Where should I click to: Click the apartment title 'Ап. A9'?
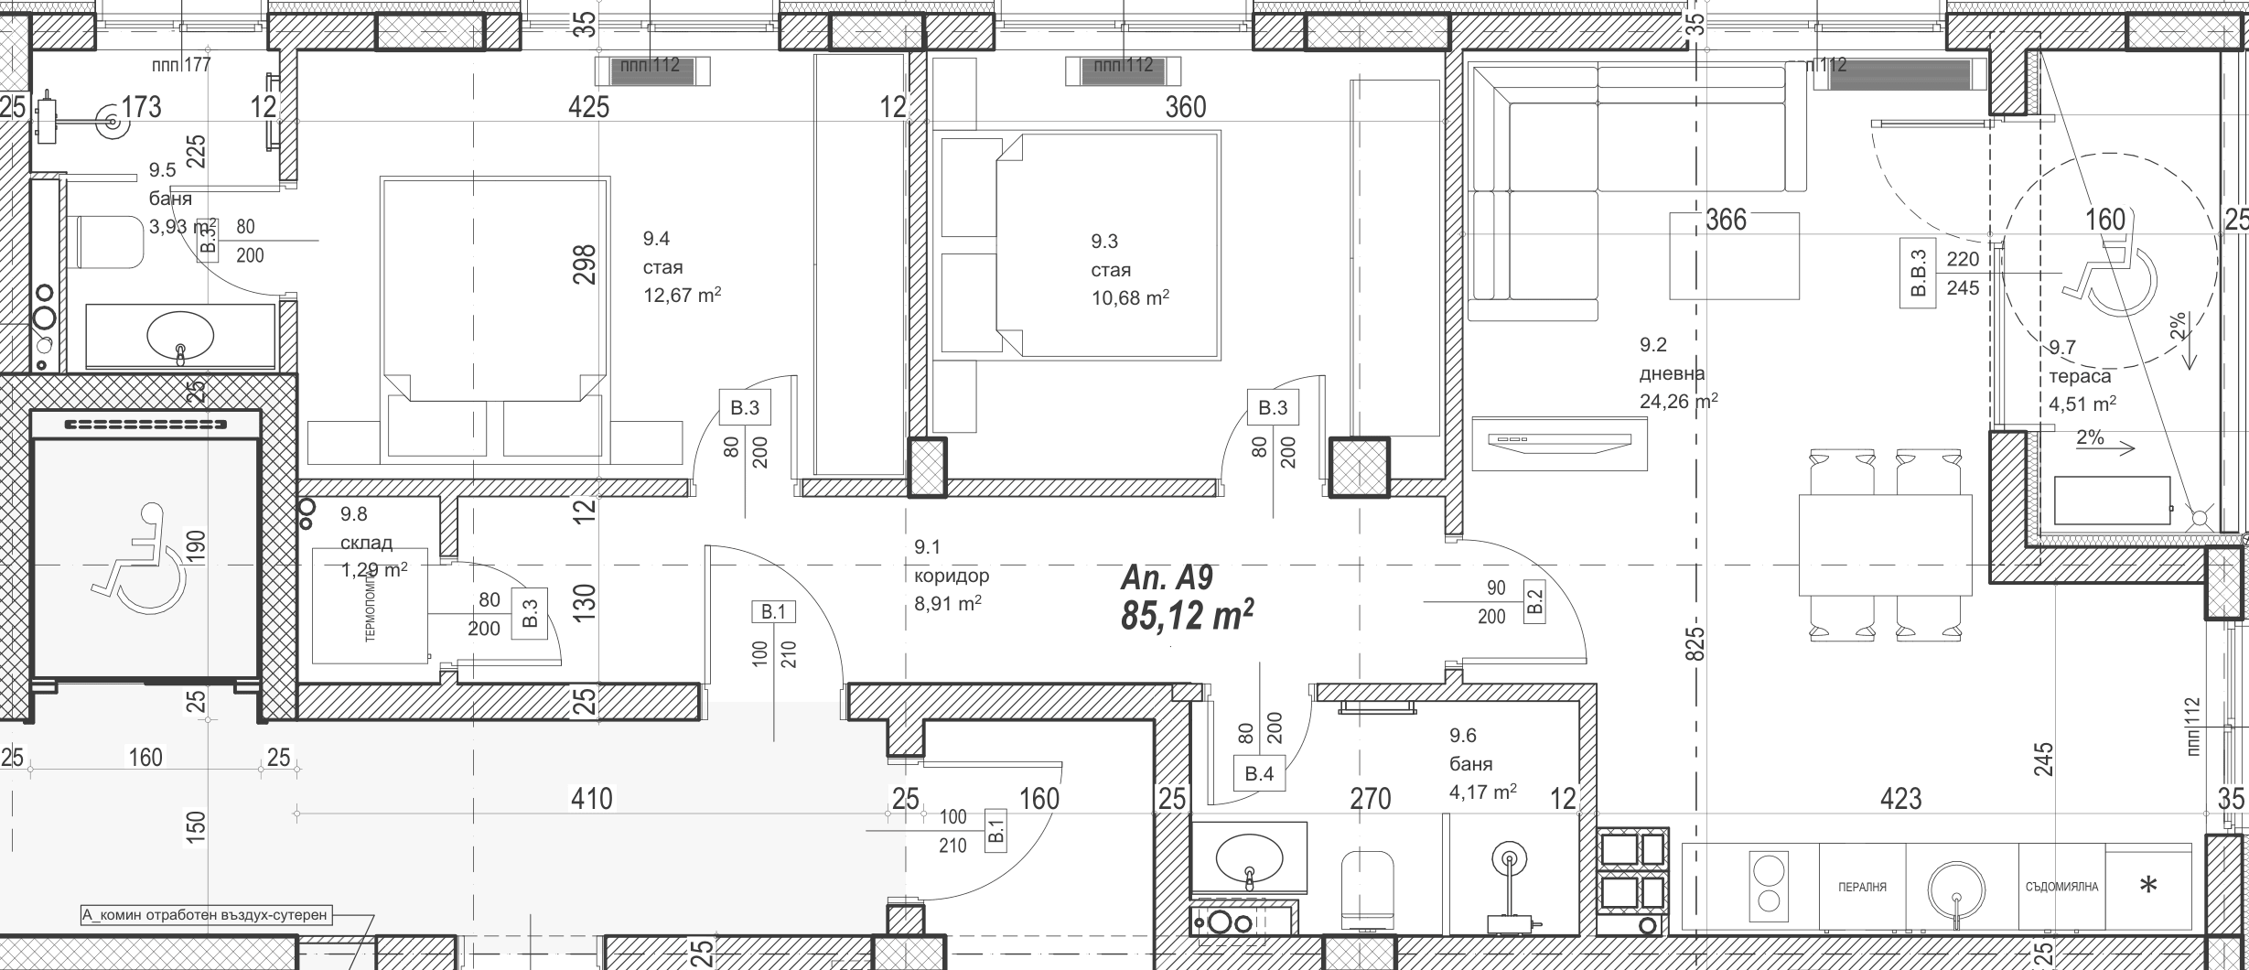click(x=1167, y=578)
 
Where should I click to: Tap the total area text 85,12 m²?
click(x=1187, y=616)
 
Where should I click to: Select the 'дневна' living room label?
click(x=1672, y=373)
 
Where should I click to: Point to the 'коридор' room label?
click(x=952, y=576)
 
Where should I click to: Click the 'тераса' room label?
click(x=2080, y=376)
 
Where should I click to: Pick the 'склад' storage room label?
click(x=366, y=543)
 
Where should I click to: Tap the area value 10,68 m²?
click(x=1130, y=297)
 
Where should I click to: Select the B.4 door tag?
click(x=1259, y=774)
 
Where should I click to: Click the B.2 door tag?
click(x=1534, y=601)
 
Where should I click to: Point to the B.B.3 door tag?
click(x=1919, y=273)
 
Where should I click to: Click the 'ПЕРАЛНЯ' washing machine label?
click(x=1862, y=887)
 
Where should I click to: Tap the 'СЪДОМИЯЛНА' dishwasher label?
click(x=2061, y=887)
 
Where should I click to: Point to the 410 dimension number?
click(x=591, y=799)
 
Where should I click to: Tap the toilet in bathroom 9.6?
click(x=1367, y=889)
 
